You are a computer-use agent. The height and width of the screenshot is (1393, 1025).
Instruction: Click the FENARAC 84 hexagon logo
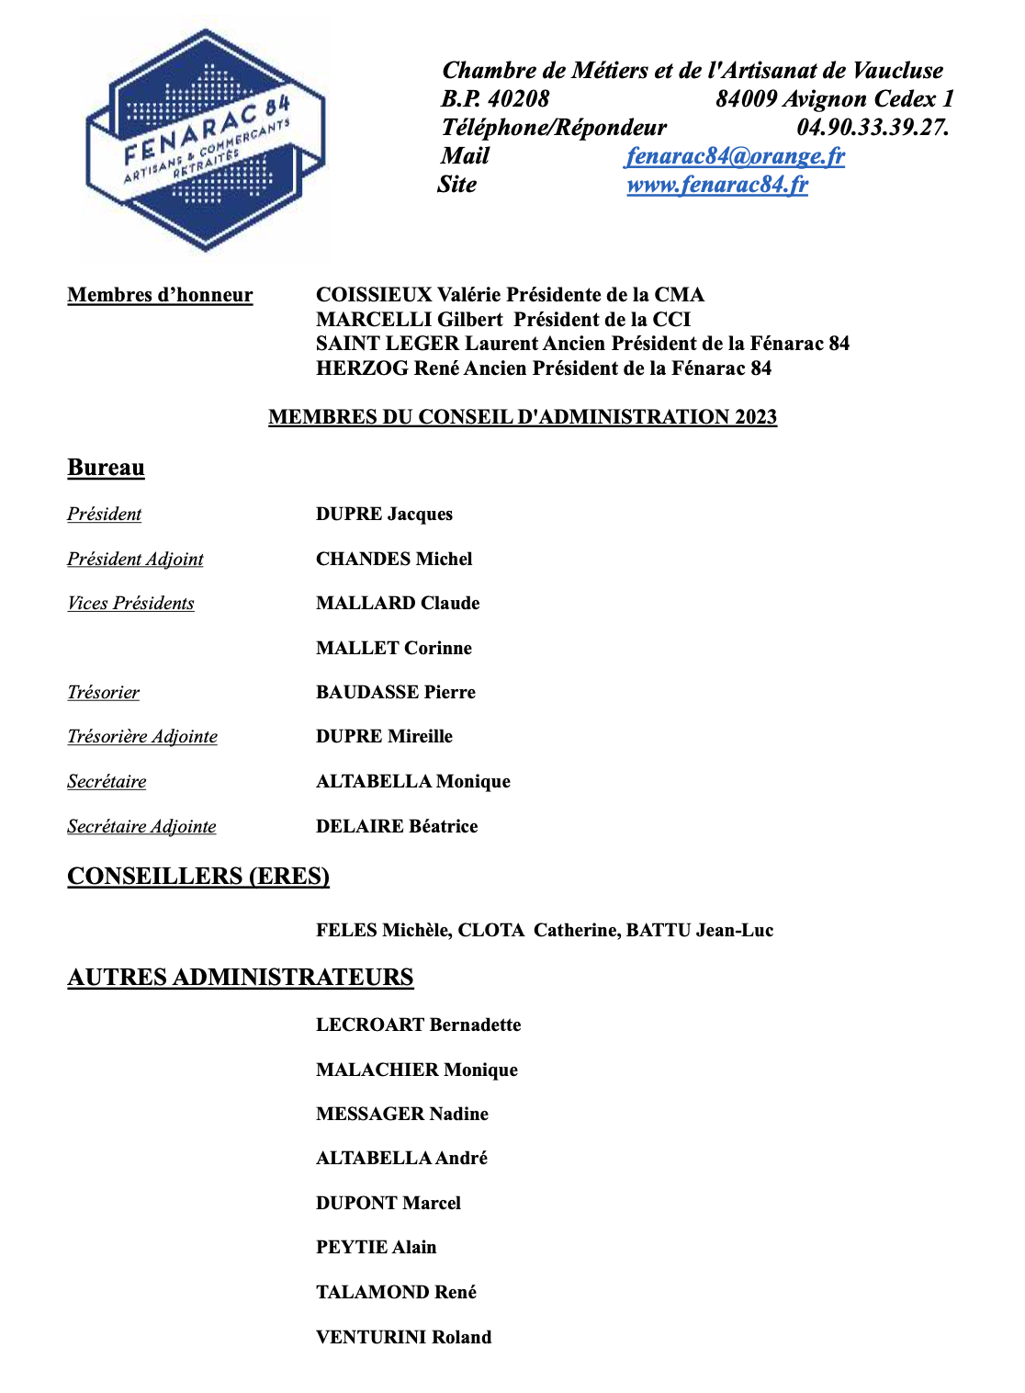point(205,140)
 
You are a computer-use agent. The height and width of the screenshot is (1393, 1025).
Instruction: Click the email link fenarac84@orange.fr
point(735,156)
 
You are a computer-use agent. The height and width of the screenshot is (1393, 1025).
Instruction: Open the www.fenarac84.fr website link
point(717,185)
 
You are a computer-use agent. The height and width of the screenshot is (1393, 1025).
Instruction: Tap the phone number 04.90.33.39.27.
point(873,128)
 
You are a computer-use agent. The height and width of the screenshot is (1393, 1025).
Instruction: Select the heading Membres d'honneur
point(160,295)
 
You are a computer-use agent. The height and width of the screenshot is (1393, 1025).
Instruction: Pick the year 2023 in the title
point(755,417)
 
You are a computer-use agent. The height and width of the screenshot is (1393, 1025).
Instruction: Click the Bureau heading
point(106,468)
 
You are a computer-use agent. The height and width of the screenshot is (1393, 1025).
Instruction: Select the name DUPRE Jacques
point(384,515)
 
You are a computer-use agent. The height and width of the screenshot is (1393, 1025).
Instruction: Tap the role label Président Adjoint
point(135,559)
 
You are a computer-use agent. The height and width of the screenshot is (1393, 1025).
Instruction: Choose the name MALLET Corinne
point(393,648)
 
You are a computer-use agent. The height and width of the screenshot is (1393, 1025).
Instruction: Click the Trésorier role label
point(103,692)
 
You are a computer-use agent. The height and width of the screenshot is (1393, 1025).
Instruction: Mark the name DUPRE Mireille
point(384,736)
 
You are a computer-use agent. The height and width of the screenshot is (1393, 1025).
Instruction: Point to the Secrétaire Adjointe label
point(141,826)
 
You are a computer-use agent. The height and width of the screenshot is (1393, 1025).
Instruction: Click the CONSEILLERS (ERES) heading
point(198,876)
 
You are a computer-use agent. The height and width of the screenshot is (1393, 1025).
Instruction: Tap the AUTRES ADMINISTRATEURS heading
point(241,977)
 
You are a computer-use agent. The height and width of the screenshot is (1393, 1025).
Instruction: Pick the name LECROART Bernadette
point(418,1025)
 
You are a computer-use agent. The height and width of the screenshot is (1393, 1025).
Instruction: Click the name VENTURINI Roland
point(403,1337)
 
